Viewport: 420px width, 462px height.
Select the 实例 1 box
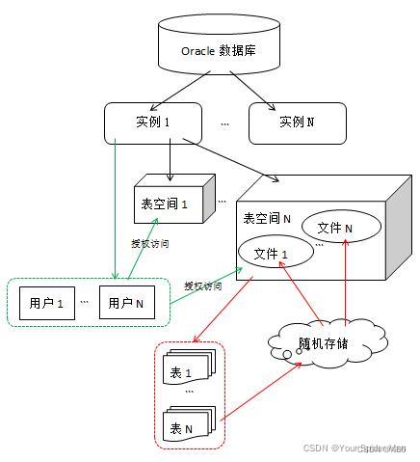pos(153,122)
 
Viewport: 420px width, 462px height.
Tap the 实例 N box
pos(296,122)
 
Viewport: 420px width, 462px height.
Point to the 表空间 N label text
pos(268,218)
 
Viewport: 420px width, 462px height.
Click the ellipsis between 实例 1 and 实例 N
pos(224,123)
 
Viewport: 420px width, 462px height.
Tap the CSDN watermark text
pos(356,448)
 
